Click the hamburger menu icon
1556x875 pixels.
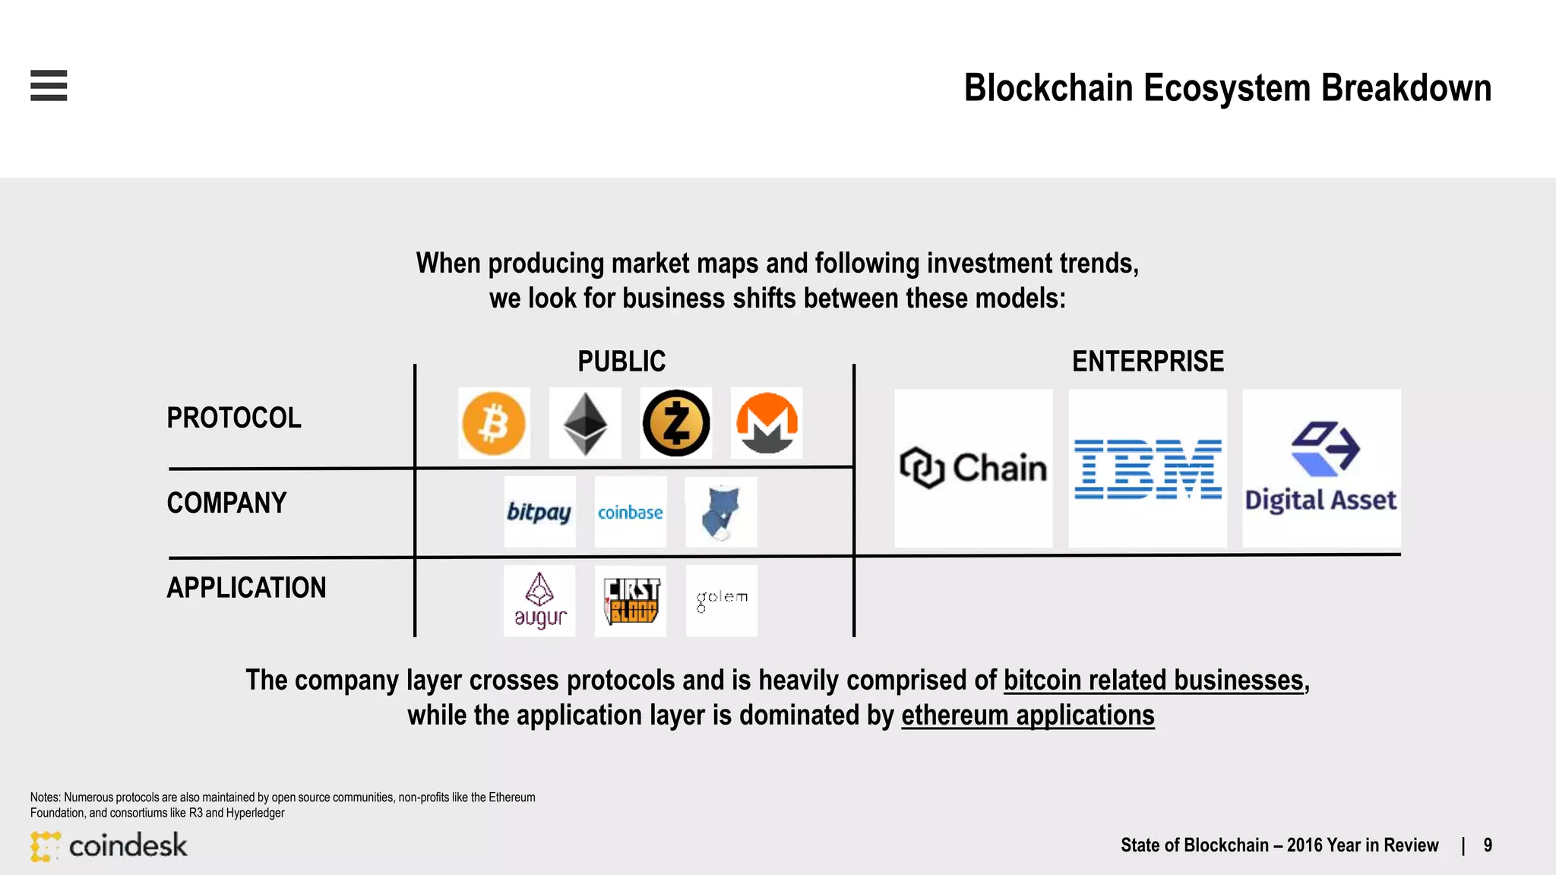(49, 85)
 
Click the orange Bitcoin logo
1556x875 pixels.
(494, 423)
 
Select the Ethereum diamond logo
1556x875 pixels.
(585, 423)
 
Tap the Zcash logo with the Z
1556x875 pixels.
(675, 423)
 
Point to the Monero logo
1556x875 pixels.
(767, 423)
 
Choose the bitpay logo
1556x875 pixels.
(539, 512)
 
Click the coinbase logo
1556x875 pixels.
(630, 513)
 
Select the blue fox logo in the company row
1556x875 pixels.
(720, 513)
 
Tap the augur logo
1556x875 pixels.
(539, 601)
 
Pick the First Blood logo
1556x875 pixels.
(631, 601)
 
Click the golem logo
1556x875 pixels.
(722, 600)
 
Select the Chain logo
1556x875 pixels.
(973, 468)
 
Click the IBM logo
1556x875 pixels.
(1147, 469)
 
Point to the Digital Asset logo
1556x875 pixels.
(1321, 469)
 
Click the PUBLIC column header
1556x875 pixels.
(621, 362)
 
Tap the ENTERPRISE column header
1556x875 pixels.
(1147, 362)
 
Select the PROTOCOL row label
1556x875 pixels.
(234, 418)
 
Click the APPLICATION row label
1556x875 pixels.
(246, 588)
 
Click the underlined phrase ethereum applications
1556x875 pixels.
(1027, 715)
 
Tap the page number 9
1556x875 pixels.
(1488, 845)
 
